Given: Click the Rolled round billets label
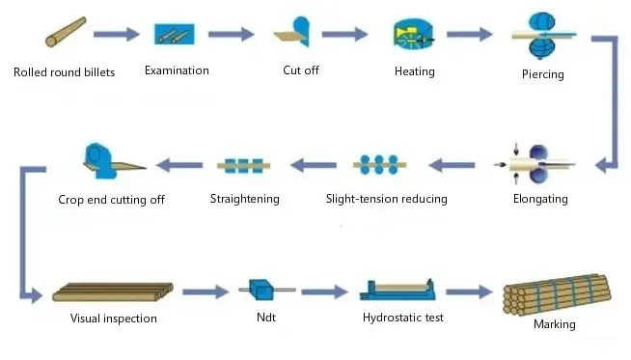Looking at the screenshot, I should click(65, 72).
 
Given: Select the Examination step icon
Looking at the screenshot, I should click(177, 34).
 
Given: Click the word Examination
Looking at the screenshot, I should click(177, 70).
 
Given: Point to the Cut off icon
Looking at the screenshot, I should click(295, 34).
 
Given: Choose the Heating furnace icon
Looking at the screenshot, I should click(413, 35).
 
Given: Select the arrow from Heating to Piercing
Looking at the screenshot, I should click(472, 35).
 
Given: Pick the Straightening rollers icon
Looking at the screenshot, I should click(244, 165).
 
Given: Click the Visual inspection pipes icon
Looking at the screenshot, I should click(113, 291).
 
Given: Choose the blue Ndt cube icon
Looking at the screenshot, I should click(259, 290).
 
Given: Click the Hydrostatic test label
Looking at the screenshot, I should click(403, 317).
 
